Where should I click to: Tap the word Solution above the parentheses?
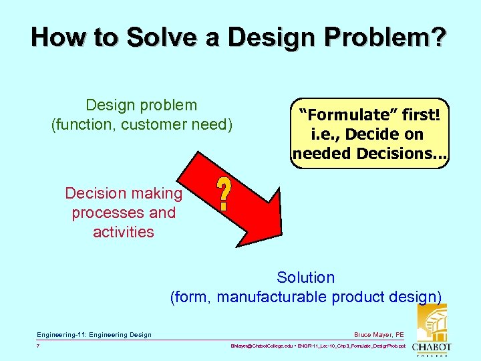[306, 277]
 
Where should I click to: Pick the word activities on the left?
[124, 232]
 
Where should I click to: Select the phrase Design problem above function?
[142, 105]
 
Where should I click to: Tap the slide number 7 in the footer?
[39, 346]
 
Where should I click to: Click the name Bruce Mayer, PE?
[379, 334]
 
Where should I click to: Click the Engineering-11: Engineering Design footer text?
[94, 334]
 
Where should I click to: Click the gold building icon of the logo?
[432, 322]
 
